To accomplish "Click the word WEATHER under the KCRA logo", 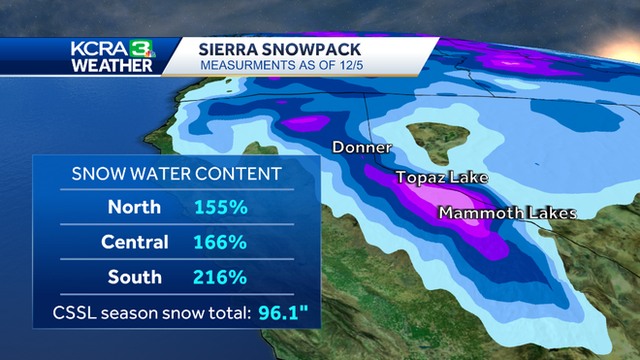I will click(x=112, y=65).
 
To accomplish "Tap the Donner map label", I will click(x=361, y=148).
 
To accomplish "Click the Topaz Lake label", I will click(x=440, y=179).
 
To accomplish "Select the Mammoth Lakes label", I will click(x=507, y=213).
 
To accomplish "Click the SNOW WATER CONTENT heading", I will click(x=177, y=174).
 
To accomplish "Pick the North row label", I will click(x=135, y=207).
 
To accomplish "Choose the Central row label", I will click(x=135, y=242).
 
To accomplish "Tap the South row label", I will click(x=135, y=277).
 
